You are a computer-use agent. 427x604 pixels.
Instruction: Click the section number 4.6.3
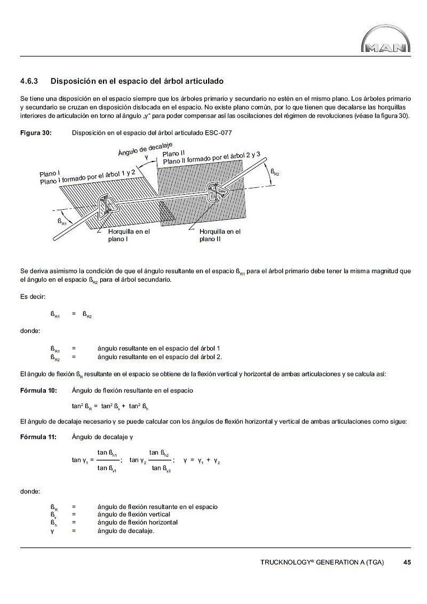coord(29,81)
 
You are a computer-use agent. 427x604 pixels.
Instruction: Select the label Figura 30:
coord(36,133)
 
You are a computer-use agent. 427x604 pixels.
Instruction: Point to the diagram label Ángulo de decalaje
coord(145,148)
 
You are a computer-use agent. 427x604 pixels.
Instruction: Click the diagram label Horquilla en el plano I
coord(129,235)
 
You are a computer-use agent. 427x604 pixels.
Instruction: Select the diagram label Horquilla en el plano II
coord(220,235)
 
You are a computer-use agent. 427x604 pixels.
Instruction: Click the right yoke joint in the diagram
coord(215,193)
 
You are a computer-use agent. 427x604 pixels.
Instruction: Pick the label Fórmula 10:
coord(38,390)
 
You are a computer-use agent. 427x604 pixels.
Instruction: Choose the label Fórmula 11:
coord(38,436)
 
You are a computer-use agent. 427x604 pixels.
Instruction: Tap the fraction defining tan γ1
coord(107,460)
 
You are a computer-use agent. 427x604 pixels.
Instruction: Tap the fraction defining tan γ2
coord(161,460)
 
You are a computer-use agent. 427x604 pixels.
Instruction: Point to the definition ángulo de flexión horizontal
coord(138,522)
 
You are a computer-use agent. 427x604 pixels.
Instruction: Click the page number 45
coord(407,562)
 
